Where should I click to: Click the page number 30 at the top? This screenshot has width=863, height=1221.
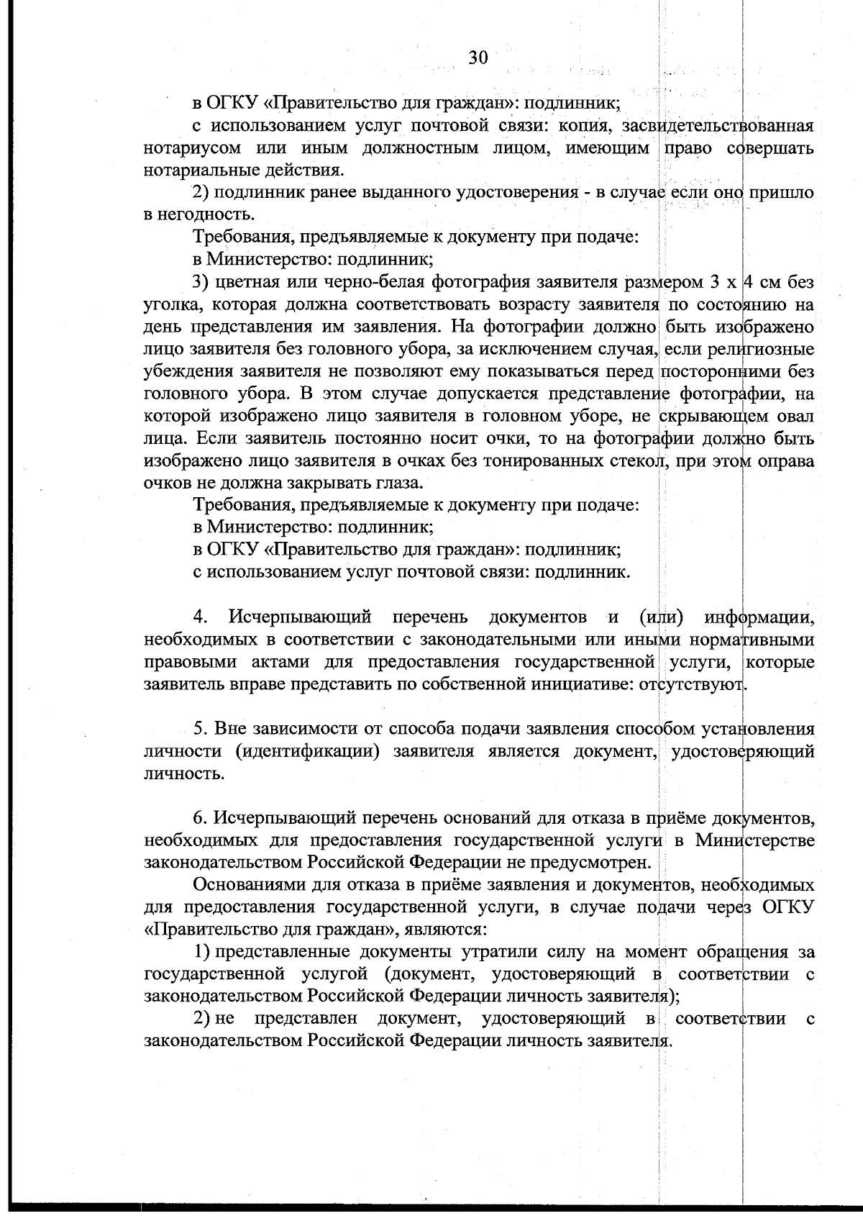478,58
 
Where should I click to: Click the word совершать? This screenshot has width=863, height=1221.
770,149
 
